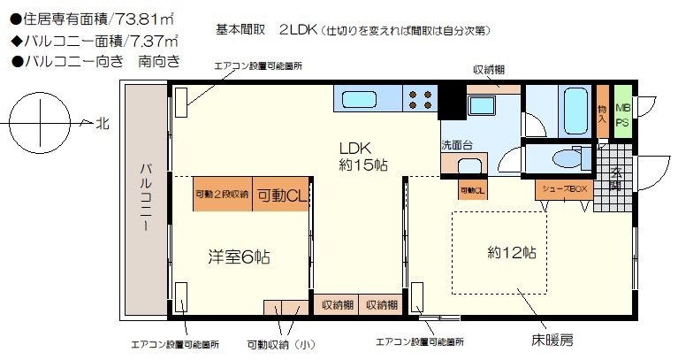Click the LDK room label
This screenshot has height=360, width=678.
coord(363,157)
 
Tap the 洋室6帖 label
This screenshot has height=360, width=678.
coord(239,257)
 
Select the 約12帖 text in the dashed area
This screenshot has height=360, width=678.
coord(512,252)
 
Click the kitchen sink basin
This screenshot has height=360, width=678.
coord(359,100)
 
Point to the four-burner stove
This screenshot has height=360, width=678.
coord(420,100)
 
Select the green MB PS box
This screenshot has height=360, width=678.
coord(622,111)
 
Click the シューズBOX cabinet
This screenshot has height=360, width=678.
coord(564,189)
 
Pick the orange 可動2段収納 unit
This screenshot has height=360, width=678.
coord(222,194)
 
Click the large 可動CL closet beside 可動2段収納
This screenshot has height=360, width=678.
coord(281,194)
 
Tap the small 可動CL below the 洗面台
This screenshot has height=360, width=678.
coord(473,190)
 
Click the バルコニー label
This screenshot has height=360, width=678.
coord(146,197)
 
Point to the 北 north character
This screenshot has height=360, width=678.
coord(103,124)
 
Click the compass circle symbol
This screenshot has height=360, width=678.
coord(40,123)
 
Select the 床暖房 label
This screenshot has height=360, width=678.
coord(552,340)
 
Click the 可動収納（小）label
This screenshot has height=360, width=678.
coord(281,345)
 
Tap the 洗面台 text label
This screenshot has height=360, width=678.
coord(457,145)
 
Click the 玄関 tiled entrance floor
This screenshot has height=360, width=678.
coord(614,178)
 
